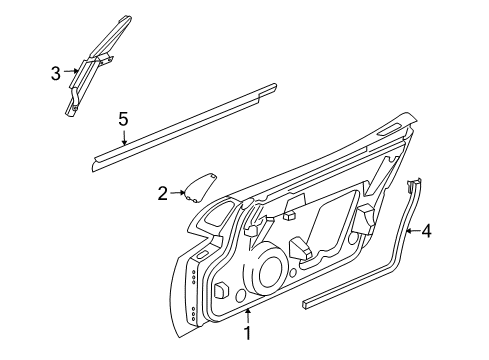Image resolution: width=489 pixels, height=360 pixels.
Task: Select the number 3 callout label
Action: pyautogui.click(x=56, y=72)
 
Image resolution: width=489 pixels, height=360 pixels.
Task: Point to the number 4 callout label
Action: pyautogui.click(x=427, y=232)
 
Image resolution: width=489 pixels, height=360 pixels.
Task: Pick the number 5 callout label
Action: pyautogui.click(x=123, y=119)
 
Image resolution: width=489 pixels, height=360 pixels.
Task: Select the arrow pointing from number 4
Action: pyautogui.click(x=413, y=232)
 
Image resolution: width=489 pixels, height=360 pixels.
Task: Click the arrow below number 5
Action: pyautogui.click(x=123, y=138)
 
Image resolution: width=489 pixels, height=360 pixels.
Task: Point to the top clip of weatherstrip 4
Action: pyautogui.click(x=411, y=183)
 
